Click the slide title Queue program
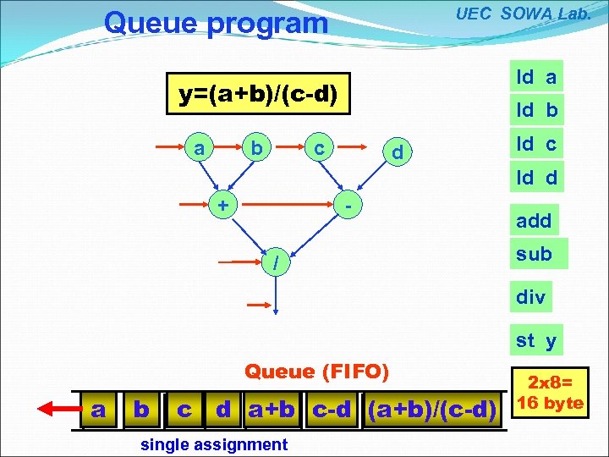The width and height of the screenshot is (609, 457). click(x=215, y=23)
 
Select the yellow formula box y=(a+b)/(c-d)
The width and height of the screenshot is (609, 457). click(x=258, y=94)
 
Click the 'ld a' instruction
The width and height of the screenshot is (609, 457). click(x=536, y=77)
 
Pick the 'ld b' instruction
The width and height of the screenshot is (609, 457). click(x=536, y=110)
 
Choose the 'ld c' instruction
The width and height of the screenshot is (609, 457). click(x=536, y=144)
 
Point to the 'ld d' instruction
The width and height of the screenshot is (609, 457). click(x=536, y=178)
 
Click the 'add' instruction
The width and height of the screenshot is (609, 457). click(x=534, y=221)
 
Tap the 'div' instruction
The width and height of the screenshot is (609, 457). click(x=531, y=297)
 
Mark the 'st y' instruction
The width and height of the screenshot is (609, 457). click(x=536, y=340)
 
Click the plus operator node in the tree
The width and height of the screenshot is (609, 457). click(x=222, y=205)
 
